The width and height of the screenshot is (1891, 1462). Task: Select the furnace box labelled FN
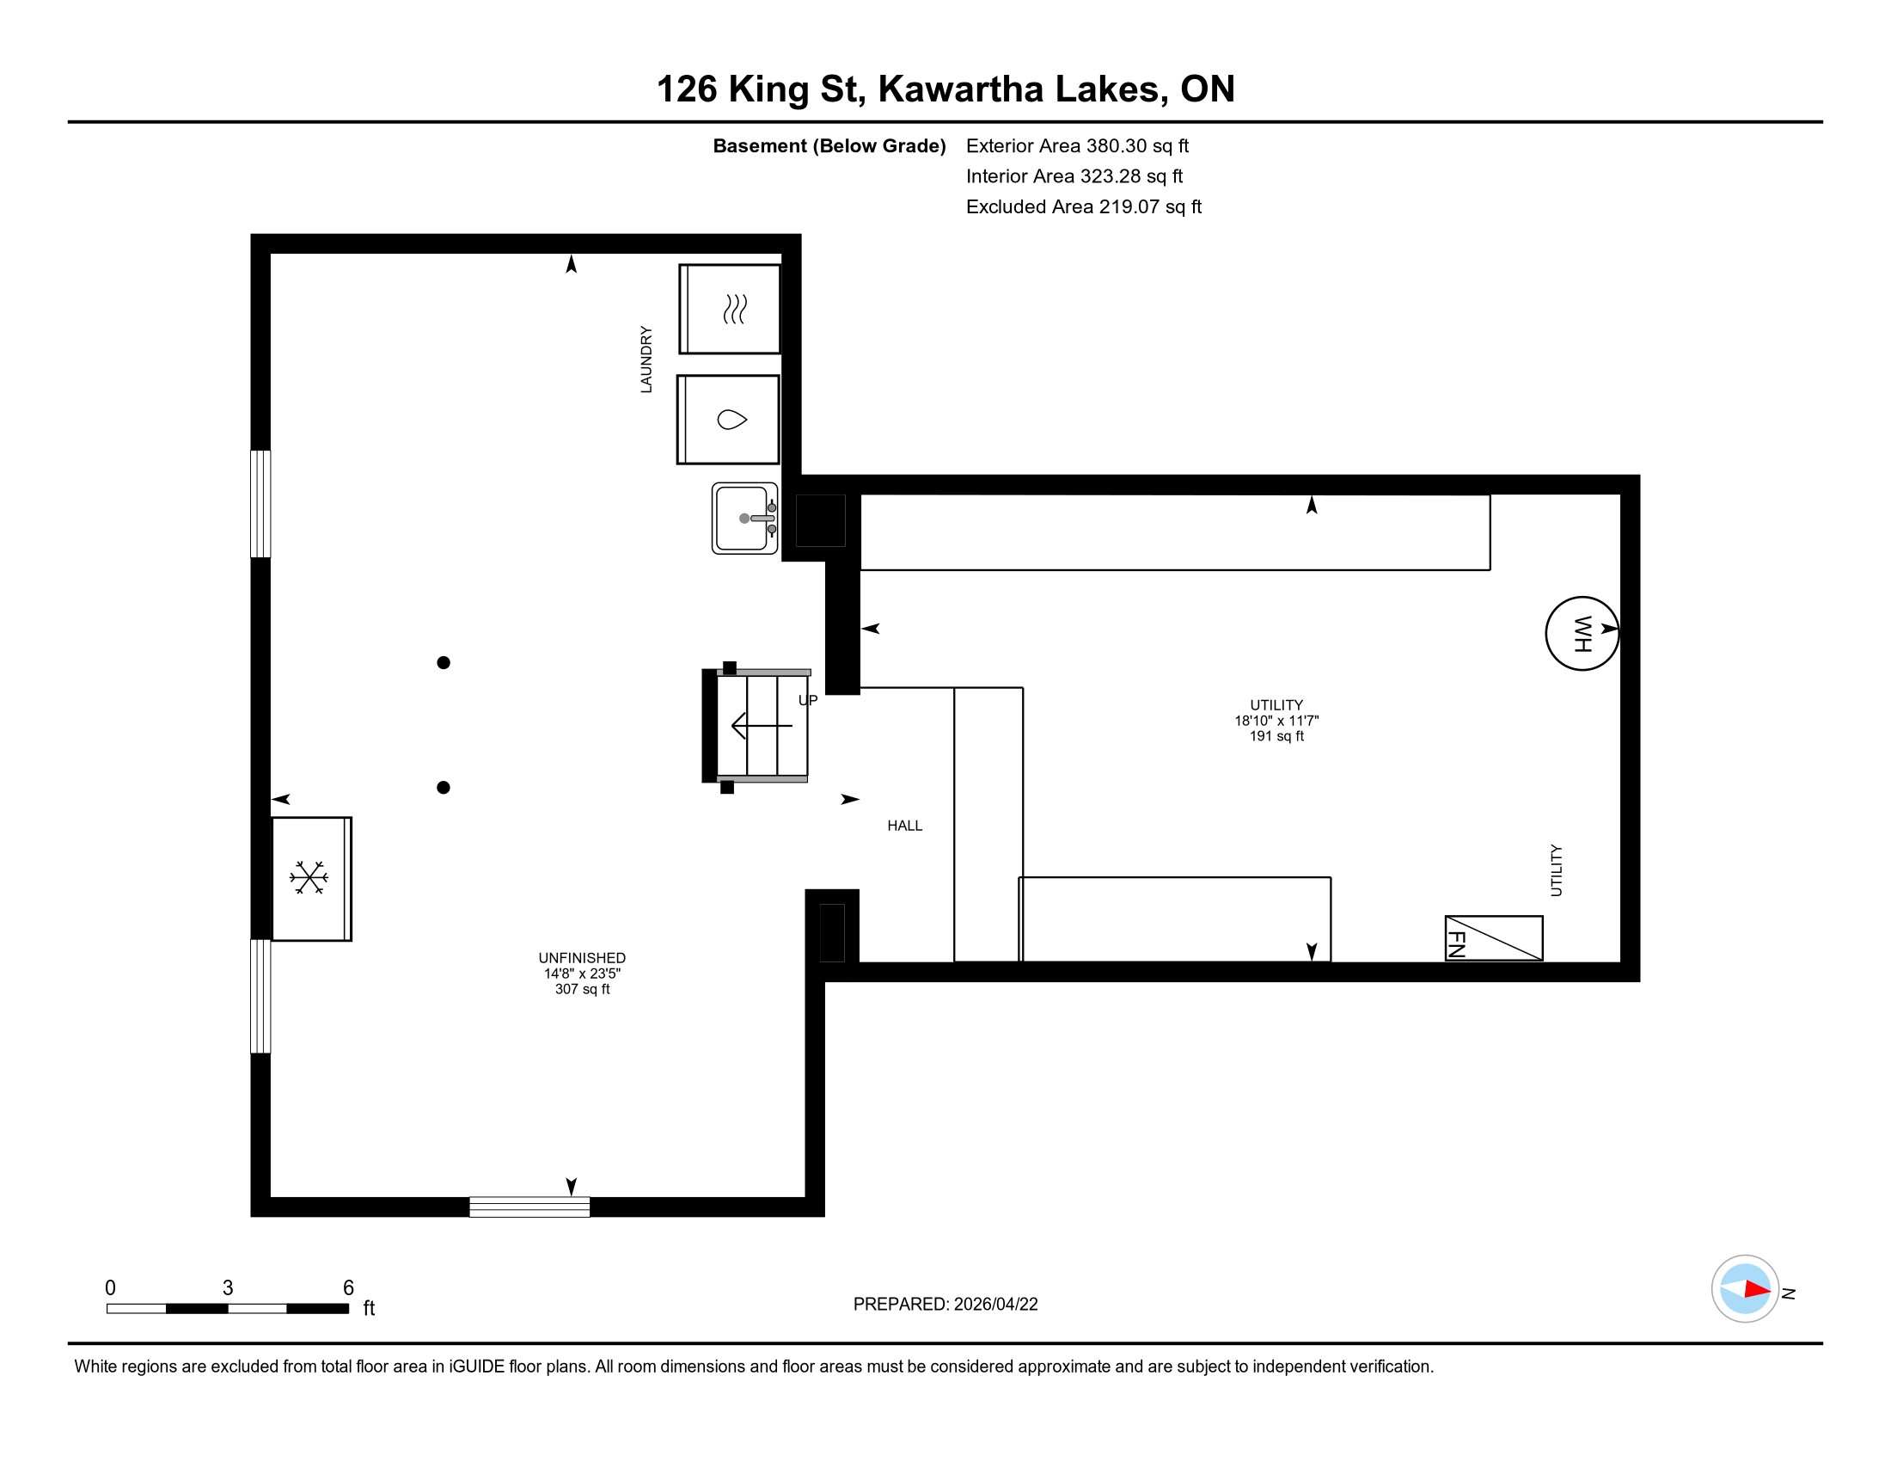pos(1494,938)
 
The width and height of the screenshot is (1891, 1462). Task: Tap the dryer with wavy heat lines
pos(730,310)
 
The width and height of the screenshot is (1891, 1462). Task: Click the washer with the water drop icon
pos(728,419)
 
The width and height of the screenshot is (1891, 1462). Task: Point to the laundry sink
pos(744,518)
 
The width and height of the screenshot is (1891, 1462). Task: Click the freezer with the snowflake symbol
pos(312,878)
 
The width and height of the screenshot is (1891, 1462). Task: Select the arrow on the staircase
pos(762,725)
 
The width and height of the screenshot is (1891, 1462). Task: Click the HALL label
pos(905,826)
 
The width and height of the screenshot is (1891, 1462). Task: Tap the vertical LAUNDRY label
pos(646,359)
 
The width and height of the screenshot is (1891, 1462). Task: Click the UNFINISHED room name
pos(582,958)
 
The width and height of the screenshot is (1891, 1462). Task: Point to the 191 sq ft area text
pos(1276,736)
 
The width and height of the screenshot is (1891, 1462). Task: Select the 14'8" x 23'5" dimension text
pos(582,974)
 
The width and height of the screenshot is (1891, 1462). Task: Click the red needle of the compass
pos(1758,1290)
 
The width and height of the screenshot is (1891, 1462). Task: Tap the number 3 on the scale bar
pos(228,1287)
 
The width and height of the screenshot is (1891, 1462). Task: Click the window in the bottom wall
pos(529,1207)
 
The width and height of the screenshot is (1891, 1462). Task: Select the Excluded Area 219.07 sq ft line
pos(1084,206)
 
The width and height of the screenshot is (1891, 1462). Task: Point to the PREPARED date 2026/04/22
pos(995,1305)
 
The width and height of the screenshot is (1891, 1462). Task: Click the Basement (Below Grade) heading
pos(829,145)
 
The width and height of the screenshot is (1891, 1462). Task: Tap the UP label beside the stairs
pos(808,700)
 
